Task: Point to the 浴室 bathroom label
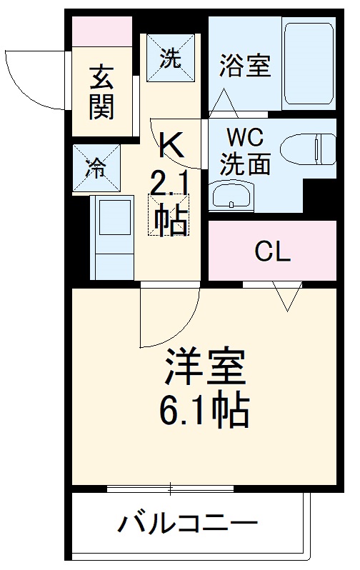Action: pyautogui.click(x=244, y=66)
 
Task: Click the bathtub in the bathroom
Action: pyautogui.click(x=307, y=64)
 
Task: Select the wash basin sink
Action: pyautogui.click(x=231, y=195)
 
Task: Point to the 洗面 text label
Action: pyautogui.click(x=244, y=164)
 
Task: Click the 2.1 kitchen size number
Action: pyautogui.click(x=169, y=185)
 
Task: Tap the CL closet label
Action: pyautogui.click(x=273, y=252)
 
